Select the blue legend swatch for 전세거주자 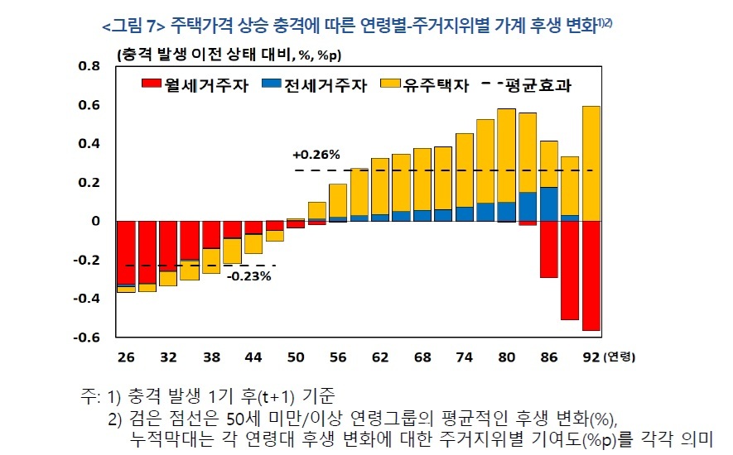[271, 84]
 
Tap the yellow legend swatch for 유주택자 [389, 84]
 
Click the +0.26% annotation [316, 155]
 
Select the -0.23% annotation [248, 276]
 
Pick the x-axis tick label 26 [126, 357]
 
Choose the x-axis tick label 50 [296, 357]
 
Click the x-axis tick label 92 [591, 357]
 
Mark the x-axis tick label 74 [465, 357]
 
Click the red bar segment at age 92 [591, 275]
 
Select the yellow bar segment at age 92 [591, 163]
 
